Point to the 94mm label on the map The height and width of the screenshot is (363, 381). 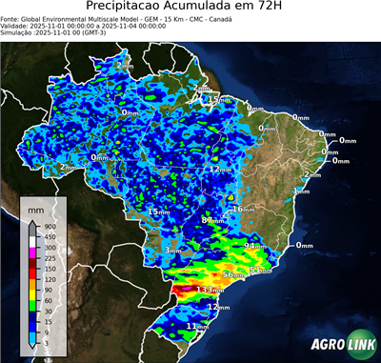253,246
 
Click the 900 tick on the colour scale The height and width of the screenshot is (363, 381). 49,225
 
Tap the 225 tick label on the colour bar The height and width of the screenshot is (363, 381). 49,257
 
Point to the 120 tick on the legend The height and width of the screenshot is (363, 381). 49,278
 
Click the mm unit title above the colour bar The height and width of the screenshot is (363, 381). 34,207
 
